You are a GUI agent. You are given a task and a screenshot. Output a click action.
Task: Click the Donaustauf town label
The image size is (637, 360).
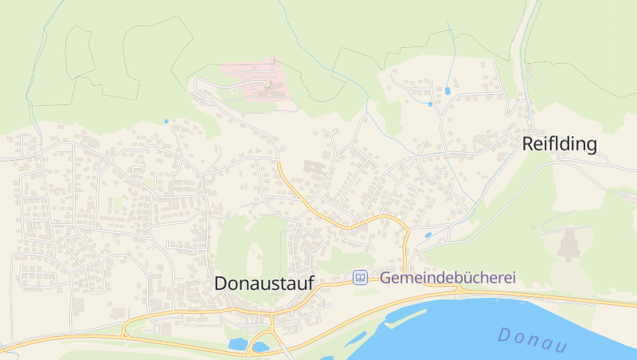(x=264, y=284)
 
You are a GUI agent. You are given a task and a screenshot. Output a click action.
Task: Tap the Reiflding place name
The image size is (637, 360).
(x=559, y=144)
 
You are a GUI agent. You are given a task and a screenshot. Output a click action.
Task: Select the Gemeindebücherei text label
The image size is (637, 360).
(x=447, y=278)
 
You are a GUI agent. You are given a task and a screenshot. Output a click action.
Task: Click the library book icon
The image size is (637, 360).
(x=361, y=278)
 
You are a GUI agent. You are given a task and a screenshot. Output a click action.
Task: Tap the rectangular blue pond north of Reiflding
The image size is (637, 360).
(x=447, y=91)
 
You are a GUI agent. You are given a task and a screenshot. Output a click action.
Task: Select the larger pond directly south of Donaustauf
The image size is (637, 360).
(x=237, y=344)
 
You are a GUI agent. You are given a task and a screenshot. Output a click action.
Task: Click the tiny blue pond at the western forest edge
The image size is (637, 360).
(x=166, y=121)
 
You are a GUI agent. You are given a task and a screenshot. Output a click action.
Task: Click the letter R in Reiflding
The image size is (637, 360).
(x=527, y=144)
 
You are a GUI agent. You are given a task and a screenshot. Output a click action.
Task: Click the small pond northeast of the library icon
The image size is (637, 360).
(x=428, y=236)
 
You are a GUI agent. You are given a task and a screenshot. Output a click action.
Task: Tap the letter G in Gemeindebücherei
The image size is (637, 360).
(x=385, y=278)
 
